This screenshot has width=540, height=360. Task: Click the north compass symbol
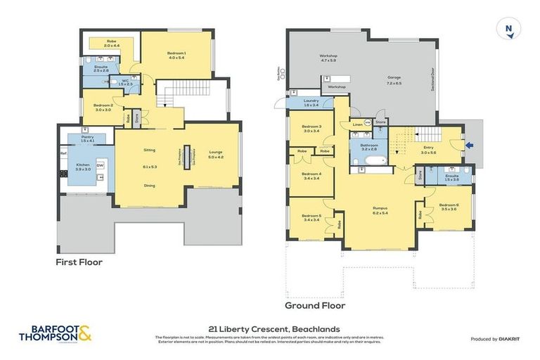click(508, 29)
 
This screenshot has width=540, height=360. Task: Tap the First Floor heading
click(79, 262)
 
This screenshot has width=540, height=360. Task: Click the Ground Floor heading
click(314, 306)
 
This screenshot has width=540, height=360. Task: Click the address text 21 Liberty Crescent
click(274, 328)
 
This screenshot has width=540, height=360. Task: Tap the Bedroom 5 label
click(311, 217)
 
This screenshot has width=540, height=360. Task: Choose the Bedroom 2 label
click(103, 107)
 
